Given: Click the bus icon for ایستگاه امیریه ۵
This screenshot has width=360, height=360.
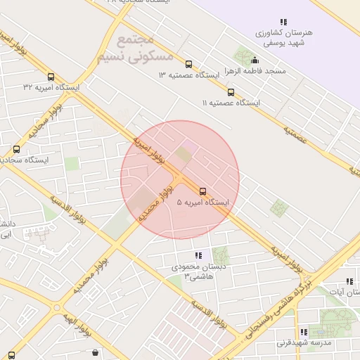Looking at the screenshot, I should coord(203,191).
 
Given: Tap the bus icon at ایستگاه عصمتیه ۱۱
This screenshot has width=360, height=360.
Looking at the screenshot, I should coord(231,92).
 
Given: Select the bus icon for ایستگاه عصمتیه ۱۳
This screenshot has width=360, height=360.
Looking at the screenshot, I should coord(188,64).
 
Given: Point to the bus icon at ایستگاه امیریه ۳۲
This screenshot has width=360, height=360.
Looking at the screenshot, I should coord(51,77).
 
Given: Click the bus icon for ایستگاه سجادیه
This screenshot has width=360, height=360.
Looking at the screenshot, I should coord(17,149).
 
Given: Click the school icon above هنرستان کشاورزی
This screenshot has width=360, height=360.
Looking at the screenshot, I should coord(283,22).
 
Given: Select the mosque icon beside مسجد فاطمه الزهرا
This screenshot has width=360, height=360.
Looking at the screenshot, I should coord(255,60).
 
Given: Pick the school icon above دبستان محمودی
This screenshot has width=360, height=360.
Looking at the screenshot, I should coord(198,256).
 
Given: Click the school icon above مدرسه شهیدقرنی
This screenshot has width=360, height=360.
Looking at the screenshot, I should coord(304,332).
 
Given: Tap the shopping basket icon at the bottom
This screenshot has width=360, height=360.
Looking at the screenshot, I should coord(95,353).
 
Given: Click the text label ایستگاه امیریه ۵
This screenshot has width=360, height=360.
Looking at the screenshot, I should coord(203,202).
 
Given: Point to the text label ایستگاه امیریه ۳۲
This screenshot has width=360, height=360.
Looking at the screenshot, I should coord(51,88).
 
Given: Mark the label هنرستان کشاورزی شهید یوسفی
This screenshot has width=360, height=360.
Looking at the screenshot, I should coord(283,38).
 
